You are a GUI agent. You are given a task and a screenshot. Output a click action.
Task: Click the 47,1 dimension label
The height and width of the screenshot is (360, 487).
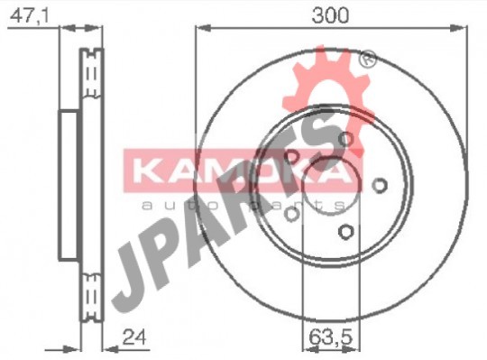(30, 15)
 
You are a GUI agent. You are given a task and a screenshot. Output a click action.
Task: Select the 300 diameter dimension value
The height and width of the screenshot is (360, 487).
(330, 15)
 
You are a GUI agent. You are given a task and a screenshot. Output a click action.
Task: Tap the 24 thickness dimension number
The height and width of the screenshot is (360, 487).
(134, 337)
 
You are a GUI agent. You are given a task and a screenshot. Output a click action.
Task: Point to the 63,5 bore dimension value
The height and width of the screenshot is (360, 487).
(331, 337)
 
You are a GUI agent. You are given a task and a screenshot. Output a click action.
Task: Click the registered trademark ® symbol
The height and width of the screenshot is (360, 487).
(367, 59)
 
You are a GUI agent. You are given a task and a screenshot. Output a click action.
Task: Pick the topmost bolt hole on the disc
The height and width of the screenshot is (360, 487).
(345, 139)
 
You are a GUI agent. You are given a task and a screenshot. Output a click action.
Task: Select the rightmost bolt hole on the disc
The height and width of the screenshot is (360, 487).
(379, 186)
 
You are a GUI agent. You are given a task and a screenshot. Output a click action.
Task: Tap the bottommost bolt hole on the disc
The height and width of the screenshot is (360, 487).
(346, 231)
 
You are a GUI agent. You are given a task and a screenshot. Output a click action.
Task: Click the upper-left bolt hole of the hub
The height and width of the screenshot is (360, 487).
(291, 156)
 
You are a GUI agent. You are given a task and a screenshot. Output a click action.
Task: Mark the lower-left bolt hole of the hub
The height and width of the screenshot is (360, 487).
(291, 214)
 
